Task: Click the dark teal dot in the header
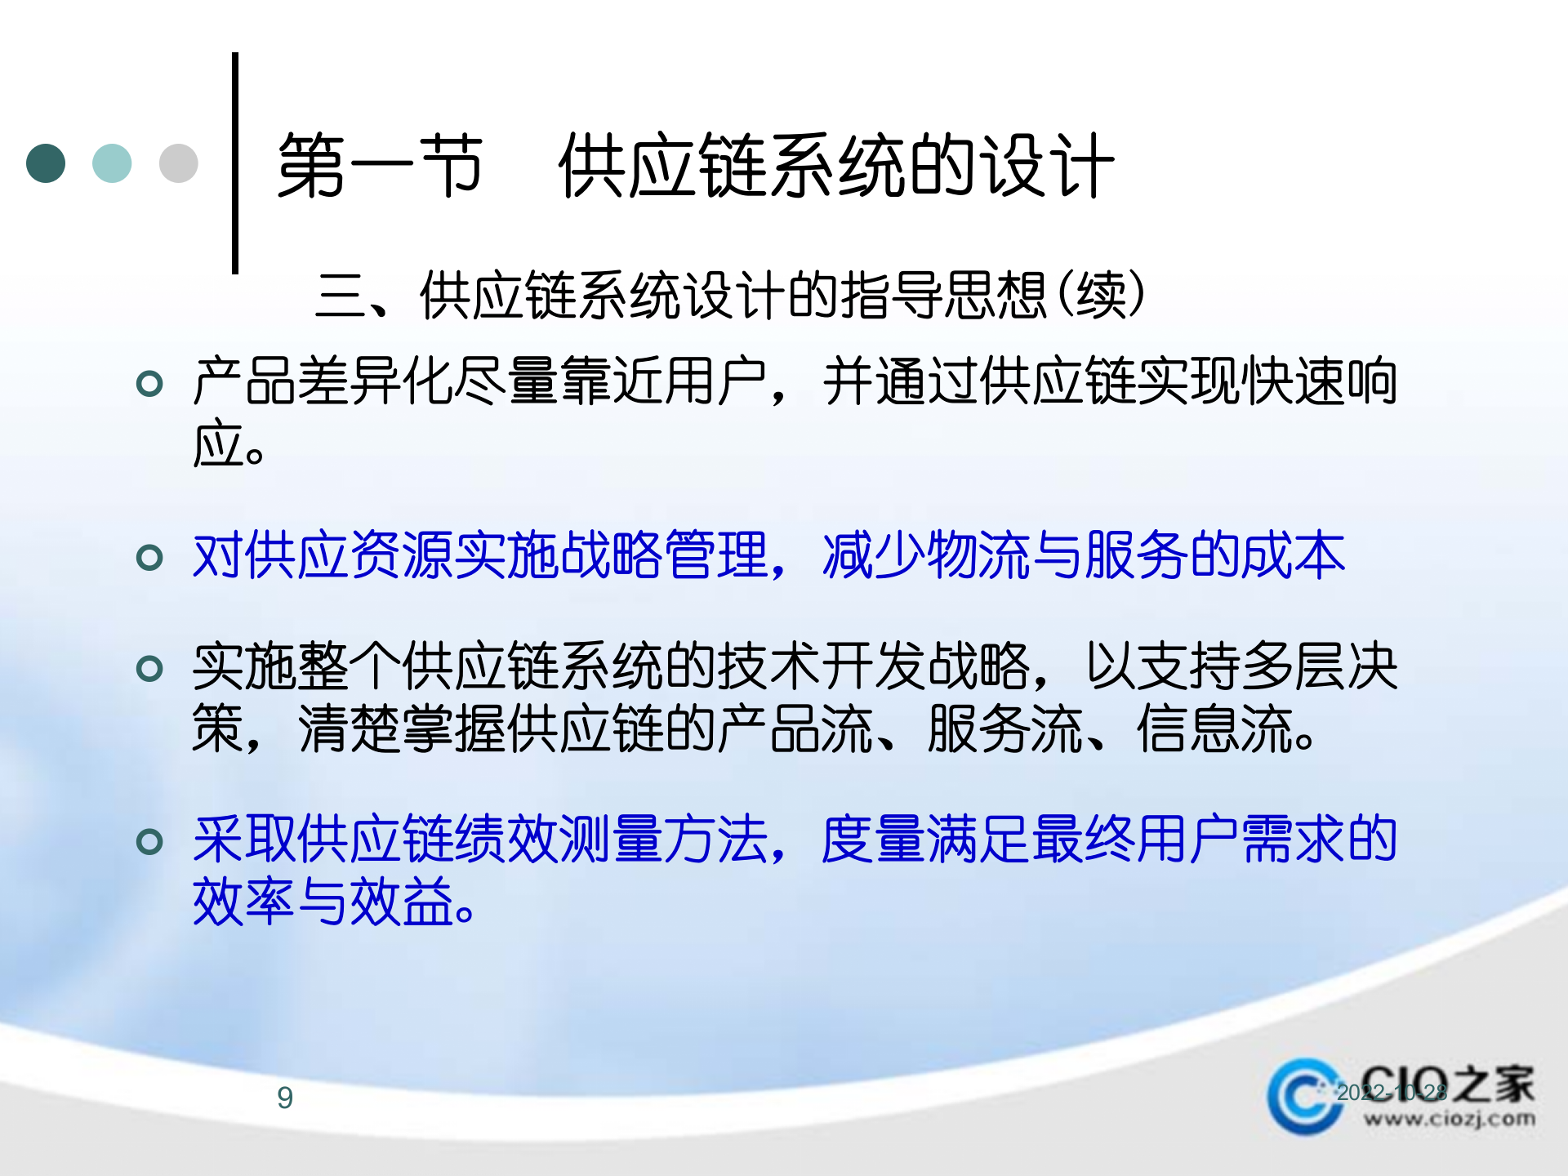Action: click(x=46, y=163)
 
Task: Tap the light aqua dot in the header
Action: click(x=112, y=163)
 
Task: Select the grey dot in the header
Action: click(x=178, y=163)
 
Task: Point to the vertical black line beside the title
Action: click(x=235, y=163)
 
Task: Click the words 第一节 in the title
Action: click(x=380, y=166)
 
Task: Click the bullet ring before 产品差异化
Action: click(x=149, y=382)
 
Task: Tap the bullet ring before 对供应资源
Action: click(x=149, y=557)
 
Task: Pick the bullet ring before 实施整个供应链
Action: click(x=149, y=669)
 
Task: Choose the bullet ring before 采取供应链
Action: click(x=149, y=841)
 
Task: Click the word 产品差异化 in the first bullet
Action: click(x=323, y=381)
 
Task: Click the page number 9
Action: click(x=285, y=1098)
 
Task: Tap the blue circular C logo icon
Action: click(x=1304, y=1096)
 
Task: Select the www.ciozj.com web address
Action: click(x=1449, y=1119)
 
